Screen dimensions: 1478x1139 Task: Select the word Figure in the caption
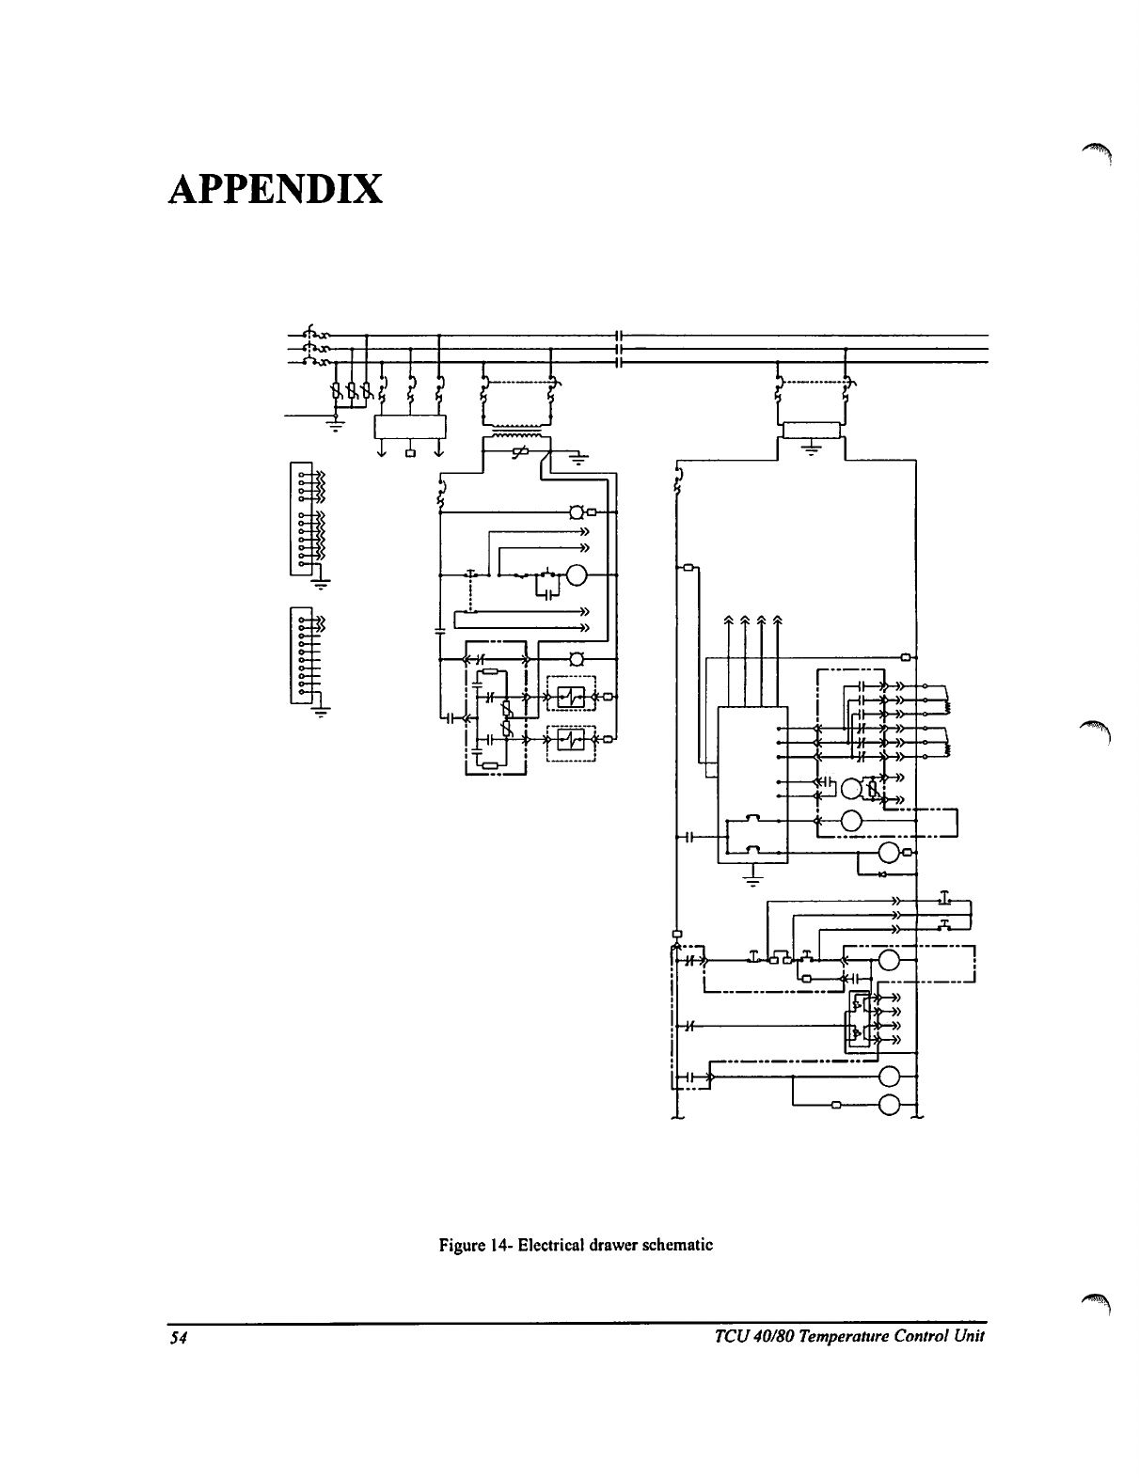(460, 1245)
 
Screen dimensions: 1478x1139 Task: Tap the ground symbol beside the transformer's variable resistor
(577, 460)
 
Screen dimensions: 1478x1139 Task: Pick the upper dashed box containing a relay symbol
(572, 696)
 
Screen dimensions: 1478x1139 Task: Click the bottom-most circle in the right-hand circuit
(889, 1105)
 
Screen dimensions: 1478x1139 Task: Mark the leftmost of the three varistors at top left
(336, 390)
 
